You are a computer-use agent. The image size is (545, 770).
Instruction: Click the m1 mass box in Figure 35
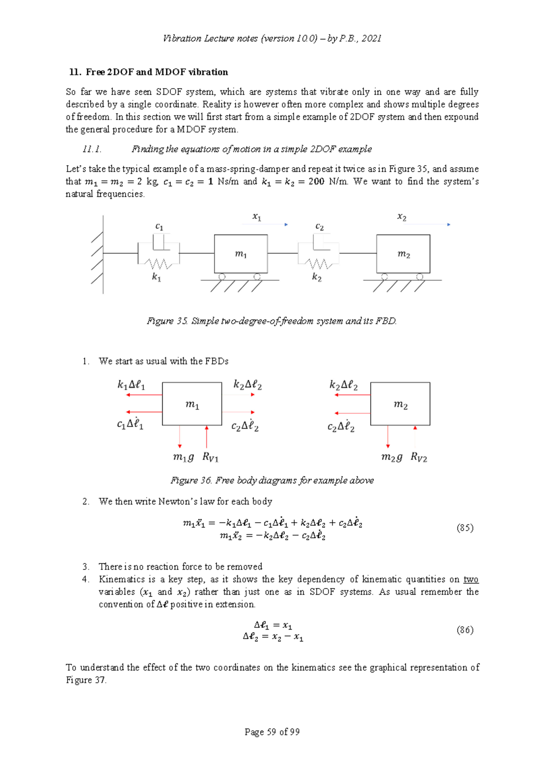[x=241, y=254]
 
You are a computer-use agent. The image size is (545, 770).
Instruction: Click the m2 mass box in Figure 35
[x=403, y=254]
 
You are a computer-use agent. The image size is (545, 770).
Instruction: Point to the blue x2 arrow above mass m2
[x=429, y=224]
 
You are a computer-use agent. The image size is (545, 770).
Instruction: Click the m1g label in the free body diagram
[x=183, y=457]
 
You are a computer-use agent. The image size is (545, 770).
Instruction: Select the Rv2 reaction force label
[x=419, y=457]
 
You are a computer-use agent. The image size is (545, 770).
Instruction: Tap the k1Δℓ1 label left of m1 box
[x=131, y=385]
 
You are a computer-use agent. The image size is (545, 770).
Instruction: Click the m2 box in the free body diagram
[x=400, y=404]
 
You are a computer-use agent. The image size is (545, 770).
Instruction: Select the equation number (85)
[x=465, y=528]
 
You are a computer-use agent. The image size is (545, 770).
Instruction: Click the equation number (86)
[x=465, y=630]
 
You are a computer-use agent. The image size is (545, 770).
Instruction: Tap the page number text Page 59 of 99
[x=272, y=731]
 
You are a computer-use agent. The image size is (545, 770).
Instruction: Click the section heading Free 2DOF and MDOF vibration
[x=157, y=72]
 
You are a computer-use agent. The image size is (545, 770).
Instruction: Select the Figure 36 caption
[x=272, y=480]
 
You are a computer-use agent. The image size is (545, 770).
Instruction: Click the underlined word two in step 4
[x=471, y=579]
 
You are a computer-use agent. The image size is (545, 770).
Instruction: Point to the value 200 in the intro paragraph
[x=316, y=181]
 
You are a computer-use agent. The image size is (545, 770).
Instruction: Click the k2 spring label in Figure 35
[x=317, y=277]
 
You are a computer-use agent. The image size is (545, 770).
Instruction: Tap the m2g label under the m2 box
[x=391, y=457]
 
